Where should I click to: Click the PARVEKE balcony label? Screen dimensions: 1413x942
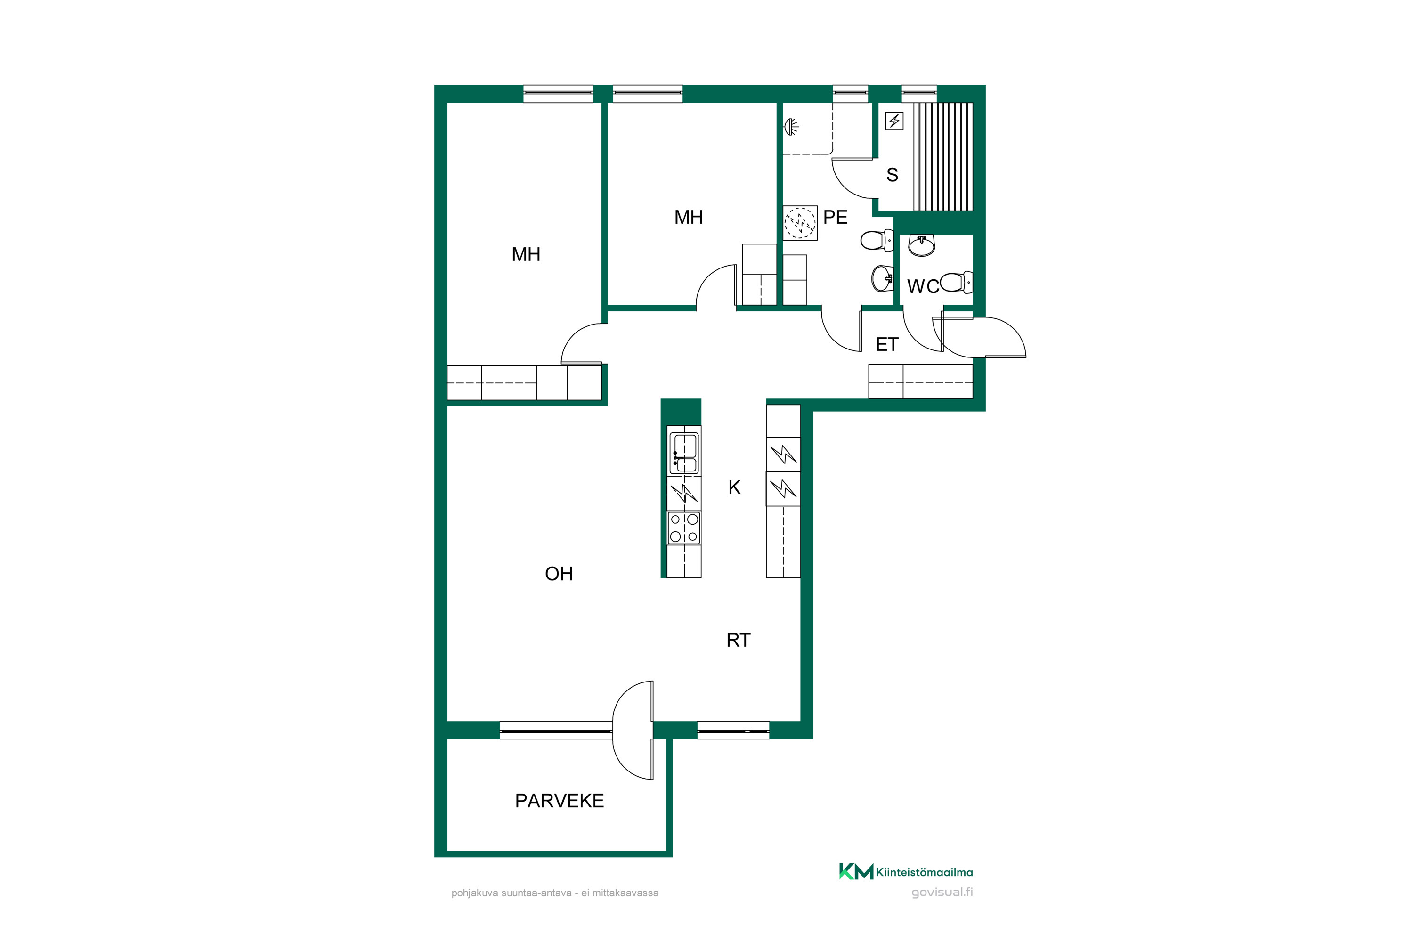click(560, 801)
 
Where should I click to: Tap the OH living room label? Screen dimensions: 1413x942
click(559, 574)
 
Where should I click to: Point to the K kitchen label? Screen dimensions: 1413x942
click(734, 487)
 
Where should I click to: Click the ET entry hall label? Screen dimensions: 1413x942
click(887, 344)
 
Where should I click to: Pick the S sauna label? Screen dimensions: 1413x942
click(892, 175)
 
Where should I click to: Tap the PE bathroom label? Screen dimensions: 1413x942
click(835, 217)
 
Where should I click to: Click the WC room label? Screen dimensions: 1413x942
click(923, 286)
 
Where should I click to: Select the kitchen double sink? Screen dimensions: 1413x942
click(684, 453)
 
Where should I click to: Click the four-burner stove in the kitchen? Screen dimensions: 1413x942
click(684, 528)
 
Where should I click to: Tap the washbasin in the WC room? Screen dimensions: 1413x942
click(922, 245)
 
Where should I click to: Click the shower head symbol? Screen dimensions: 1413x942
click(792, 127)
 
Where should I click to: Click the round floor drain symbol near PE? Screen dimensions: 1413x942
click(800, 223)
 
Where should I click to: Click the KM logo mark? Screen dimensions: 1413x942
click(856, 872)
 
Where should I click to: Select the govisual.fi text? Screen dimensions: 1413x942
click(942, 892)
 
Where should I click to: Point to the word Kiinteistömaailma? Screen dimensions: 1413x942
click(925, 872)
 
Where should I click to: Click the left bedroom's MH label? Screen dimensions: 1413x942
click(526, 255)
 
